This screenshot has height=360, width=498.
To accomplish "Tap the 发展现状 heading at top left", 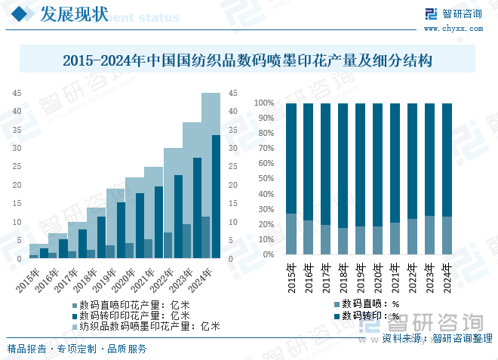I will pos(72,14).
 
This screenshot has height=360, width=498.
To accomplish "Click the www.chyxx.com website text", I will pos(453,28).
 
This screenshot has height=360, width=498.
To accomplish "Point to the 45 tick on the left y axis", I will pos(17,94).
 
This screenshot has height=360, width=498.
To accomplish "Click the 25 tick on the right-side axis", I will pos(232,167).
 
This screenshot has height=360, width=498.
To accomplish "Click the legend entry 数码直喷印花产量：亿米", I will pos(130,305).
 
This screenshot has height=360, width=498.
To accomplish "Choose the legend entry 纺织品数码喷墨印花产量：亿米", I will pos(145,326).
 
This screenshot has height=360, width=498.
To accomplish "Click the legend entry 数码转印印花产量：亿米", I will pos(130,315).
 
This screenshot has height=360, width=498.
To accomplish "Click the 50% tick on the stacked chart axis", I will pos(265,179).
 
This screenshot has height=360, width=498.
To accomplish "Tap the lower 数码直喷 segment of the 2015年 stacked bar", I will pos(291,234).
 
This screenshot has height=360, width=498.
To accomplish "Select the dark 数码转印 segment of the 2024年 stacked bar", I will pos(447,158).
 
